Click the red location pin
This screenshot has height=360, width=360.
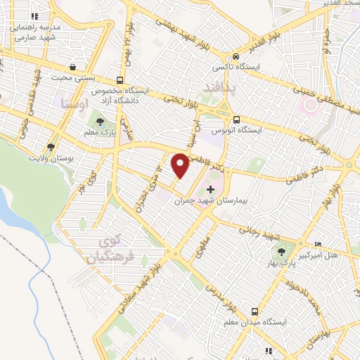tap(181, 165)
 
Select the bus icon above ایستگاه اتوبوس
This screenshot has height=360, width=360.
tap(236, 119)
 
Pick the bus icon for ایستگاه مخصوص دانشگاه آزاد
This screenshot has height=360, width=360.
tap(120, 79)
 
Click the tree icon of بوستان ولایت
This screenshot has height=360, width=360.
tap(51, 147)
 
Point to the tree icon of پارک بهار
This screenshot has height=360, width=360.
tap(282, 251)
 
